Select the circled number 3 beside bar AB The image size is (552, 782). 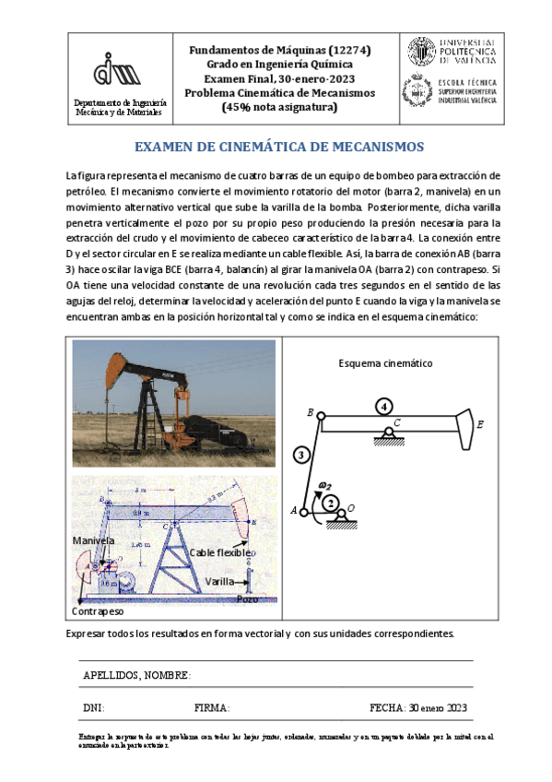tap(300, 453)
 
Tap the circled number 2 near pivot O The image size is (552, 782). tap(331, 503)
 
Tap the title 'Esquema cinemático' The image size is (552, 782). tap(386, 363)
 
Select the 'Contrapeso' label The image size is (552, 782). tap(98, 610)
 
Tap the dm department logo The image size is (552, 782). tap(118, 72)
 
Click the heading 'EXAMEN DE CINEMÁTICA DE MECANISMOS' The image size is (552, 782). tap(278, 147)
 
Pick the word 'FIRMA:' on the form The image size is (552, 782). tap(212, 707)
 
